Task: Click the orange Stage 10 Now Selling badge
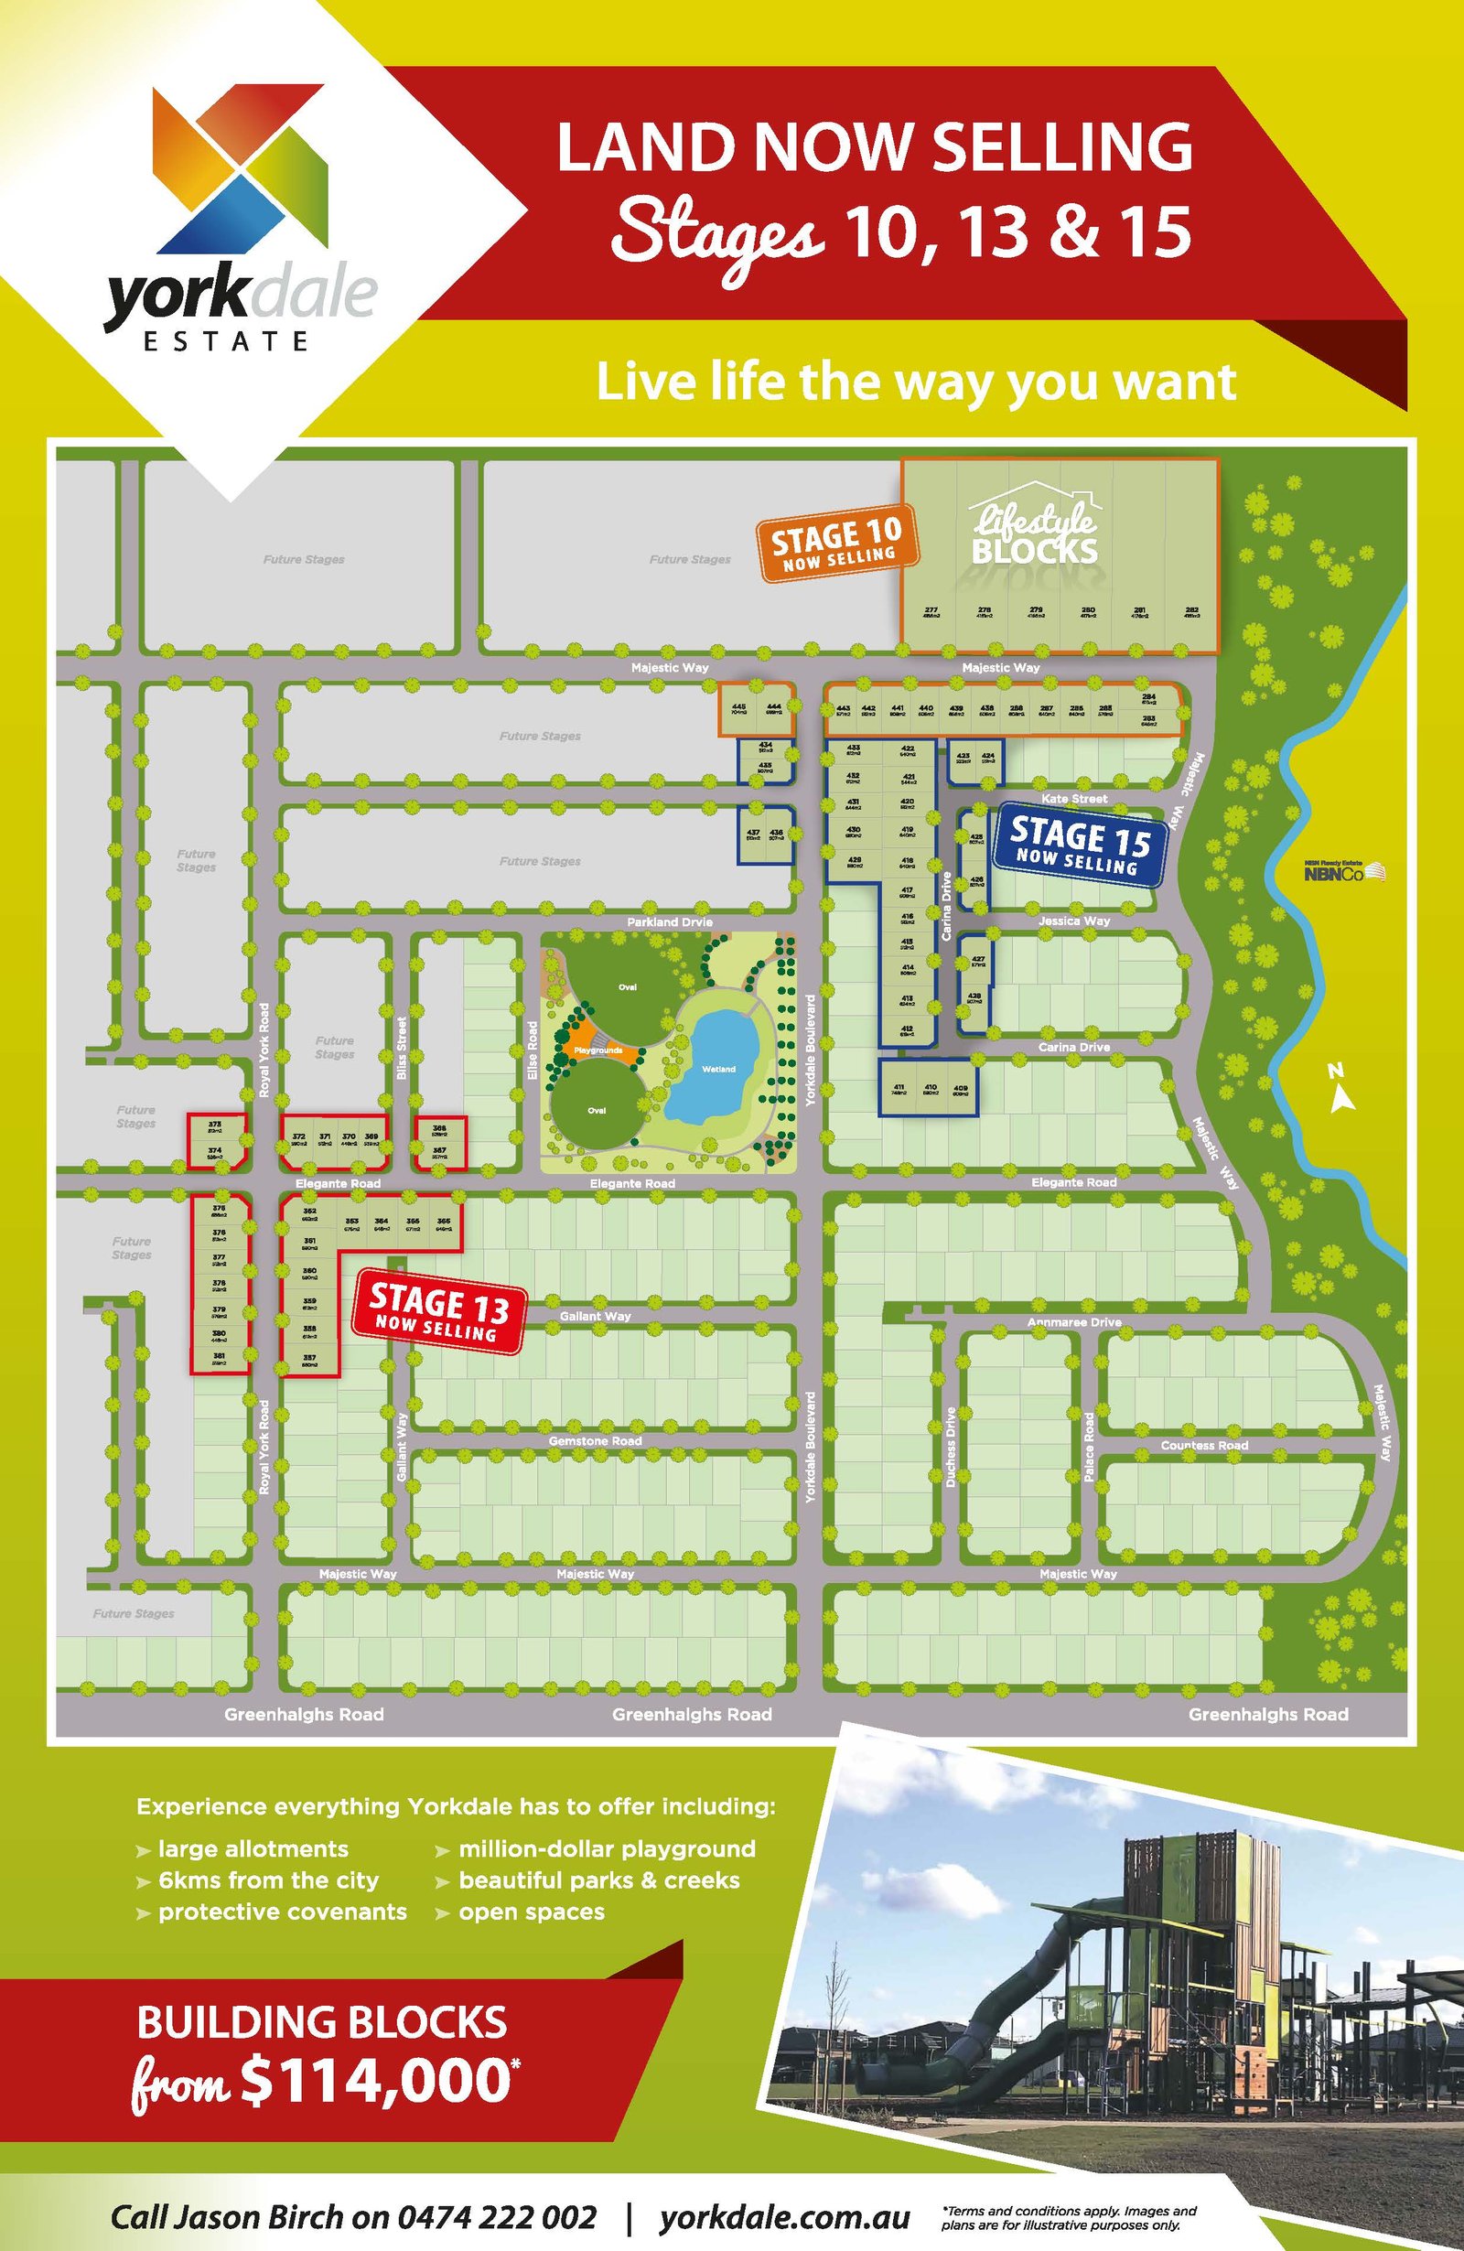tap(838, 546)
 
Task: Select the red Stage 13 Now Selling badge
tap(437, 1310)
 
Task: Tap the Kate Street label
tap(1074, 799)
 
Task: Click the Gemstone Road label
tap(595, 1440)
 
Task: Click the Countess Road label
tap(1204, 1445)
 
